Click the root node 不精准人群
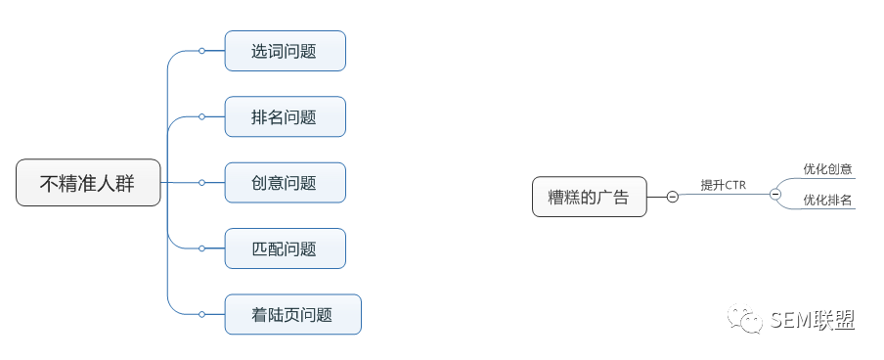point(88,182)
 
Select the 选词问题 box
point(286,51)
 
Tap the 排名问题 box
point(286,116)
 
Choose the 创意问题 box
point(286,182)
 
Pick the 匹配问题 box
point(286,248)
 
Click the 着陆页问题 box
point(293,314)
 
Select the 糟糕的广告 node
point(589,197)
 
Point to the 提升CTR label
point(724,185)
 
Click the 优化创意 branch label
point(827,168)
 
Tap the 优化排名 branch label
point(827,200)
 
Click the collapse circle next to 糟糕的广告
point(672,197)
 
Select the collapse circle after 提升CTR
point(775,194)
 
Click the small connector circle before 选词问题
point(201,51)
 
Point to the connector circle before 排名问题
point(201,116)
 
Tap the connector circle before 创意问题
point(201,182)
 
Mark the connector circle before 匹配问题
point(201,248)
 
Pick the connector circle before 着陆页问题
point(201,314)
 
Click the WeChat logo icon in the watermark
point(745,319)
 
